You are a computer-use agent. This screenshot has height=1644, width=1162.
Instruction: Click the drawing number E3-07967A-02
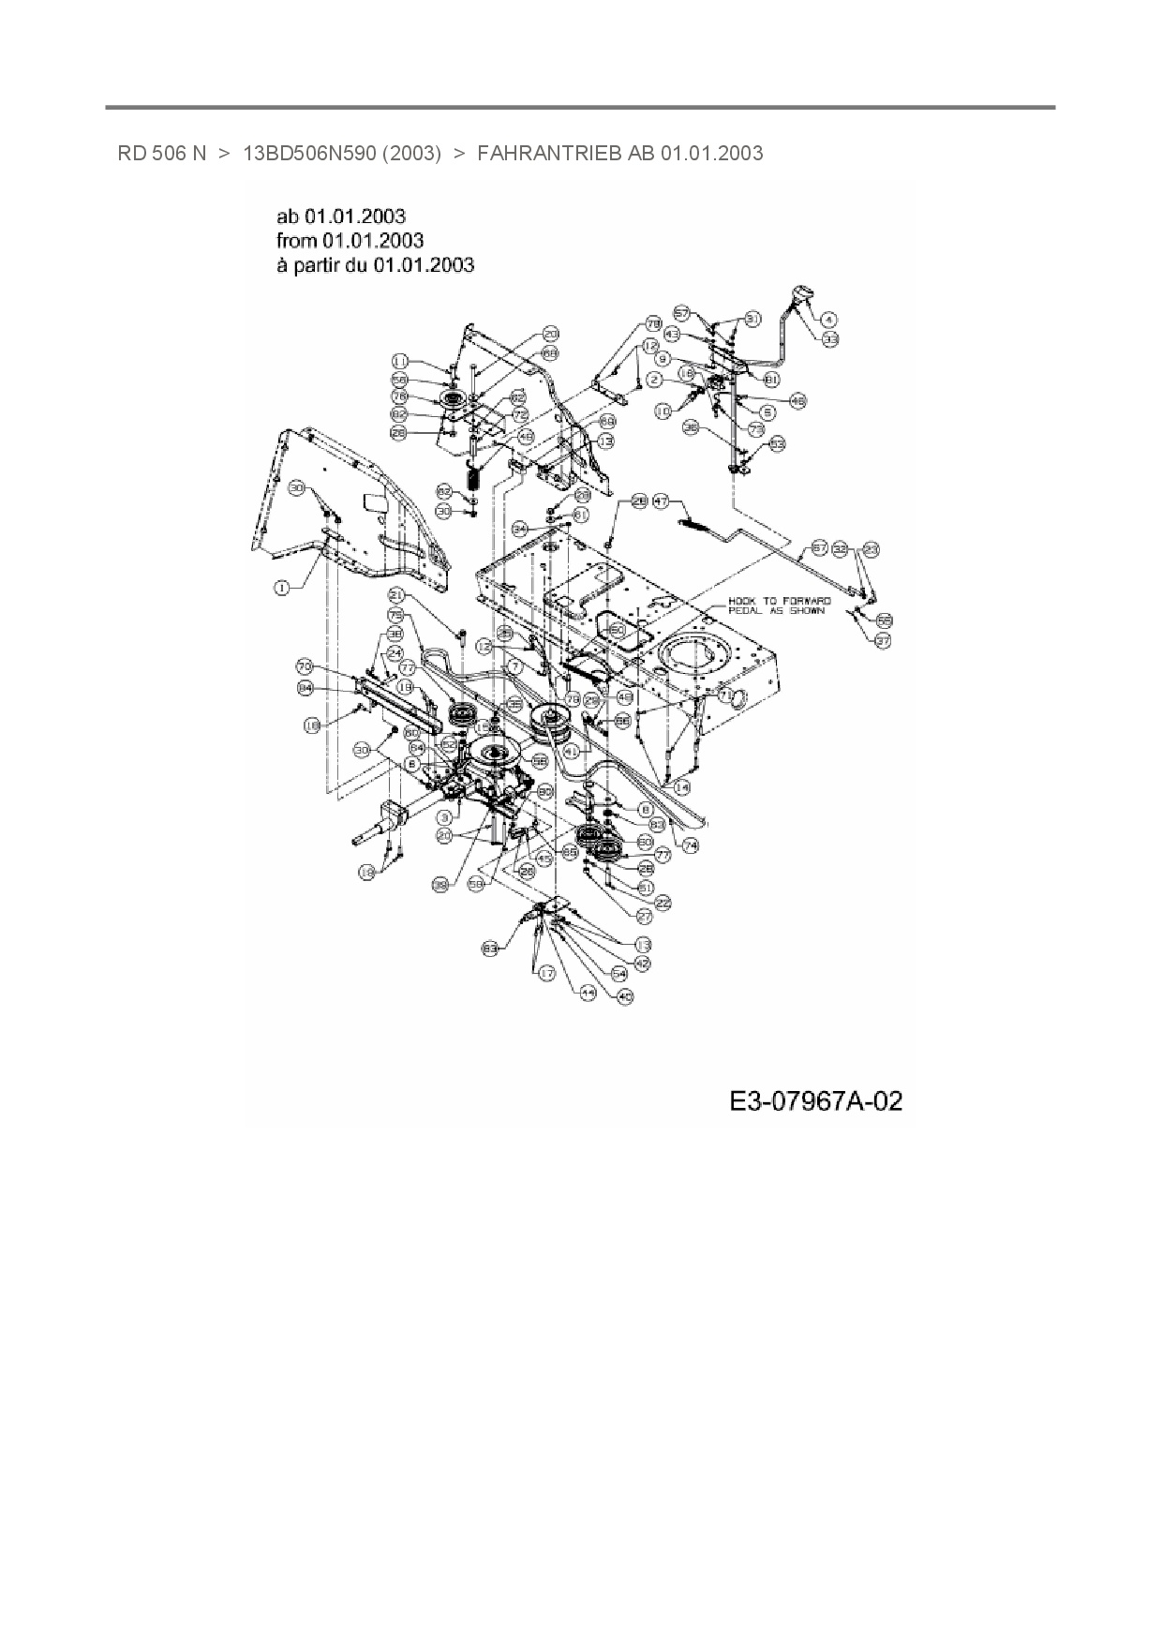click(815, 1100)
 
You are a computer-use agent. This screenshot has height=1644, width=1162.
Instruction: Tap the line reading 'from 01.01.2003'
click(350, 240)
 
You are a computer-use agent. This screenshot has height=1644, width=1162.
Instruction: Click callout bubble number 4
click(829, 320)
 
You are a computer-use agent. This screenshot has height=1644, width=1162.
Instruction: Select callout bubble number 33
click(829, 339)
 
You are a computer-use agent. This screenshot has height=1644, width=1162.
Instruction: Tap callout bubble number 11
click(400, 361)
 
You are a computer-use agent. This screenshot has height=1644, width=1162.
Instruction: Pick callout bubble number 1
click(281, 587)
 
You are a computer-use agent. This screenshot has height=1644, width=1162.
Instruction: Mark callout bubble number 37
click(883, 641)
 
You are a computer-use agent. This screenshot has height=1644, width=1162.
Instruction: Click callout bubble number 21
click(396, 595)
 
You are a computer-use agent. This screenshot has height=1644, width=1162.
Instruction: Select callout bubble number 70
click(304, 666)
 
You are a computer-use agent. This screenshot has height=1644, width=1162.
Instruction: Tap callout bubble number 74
click(692, 844)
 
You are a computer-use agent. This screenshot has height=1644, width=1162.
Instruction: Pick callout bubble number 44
click(588, 993)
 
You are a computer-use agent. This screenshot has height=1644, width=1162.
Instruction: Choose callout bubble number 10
click(663, 411)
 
